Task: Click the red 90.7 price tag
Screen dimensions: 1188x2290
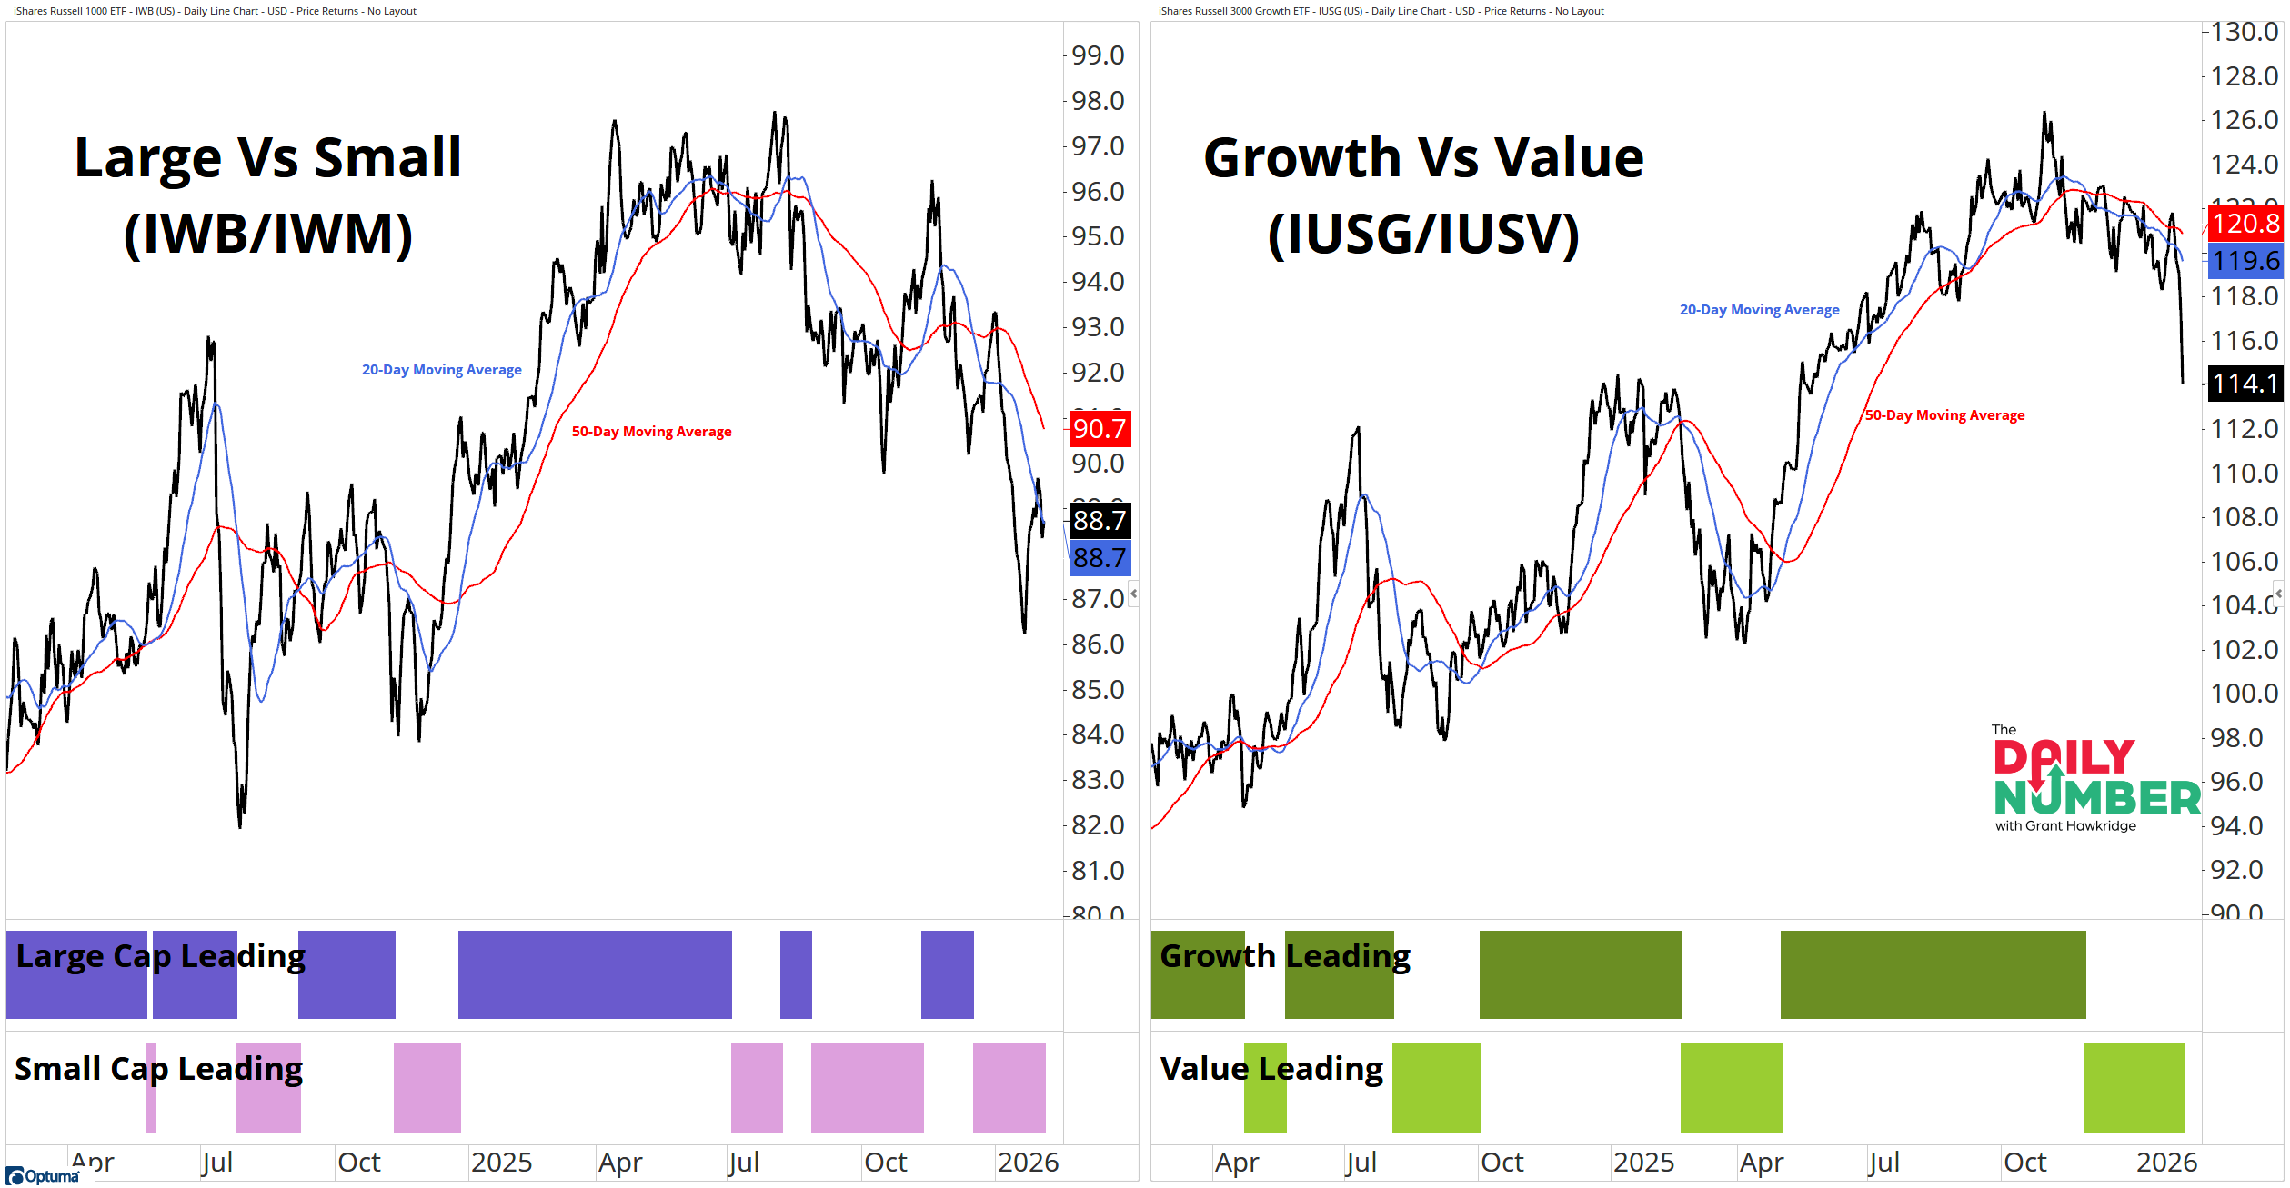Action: [1100, 429]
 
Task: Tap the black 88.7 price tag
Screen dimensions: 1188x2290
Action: [1100, 521]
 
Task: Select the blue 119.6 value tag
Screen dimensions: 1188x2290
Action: [2245, 261]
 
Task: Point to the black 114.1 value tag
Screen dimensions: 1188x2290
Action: [2245, 384]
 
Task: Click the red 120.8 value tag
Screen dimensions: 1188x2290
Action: [2245, 224]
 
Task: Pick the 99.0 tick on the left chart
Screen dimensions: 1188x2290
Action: [1098, 55]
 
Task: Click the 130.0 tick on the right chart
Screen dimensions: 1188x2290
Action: [2245, 32]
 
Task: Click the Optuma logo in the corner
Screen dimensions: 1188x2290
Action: [43, 1176]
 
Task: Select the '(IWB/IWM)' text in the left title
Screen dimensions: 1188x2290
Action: [268, 234]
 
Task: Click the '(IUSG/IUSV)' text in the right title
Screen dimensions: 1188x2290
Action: [1423, 234]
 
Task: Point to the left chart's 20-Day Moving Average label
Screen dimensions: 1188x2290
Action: [442, 370]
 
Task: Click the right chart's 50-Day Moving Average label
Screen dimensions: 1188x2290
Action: [1944, 415]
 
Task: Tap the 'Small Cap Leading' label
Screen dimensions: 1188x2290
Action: [158, 1069]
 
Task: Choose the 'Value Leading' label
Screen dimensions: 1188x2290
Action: [1271, 1069]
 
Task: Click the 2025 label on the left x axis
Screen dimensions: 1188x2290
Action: [501, 1163]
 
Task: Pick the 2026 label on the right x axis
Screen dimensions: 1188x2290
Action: [2166, 1163]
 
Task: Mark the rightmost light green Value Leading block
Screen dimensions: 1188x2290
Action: [2134, 1088]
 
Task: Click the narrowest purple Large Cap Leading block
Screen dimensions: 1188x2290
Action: [796, 974]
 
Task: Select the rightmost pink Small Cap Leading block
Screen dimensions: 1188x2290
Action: [1009, 1088]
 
